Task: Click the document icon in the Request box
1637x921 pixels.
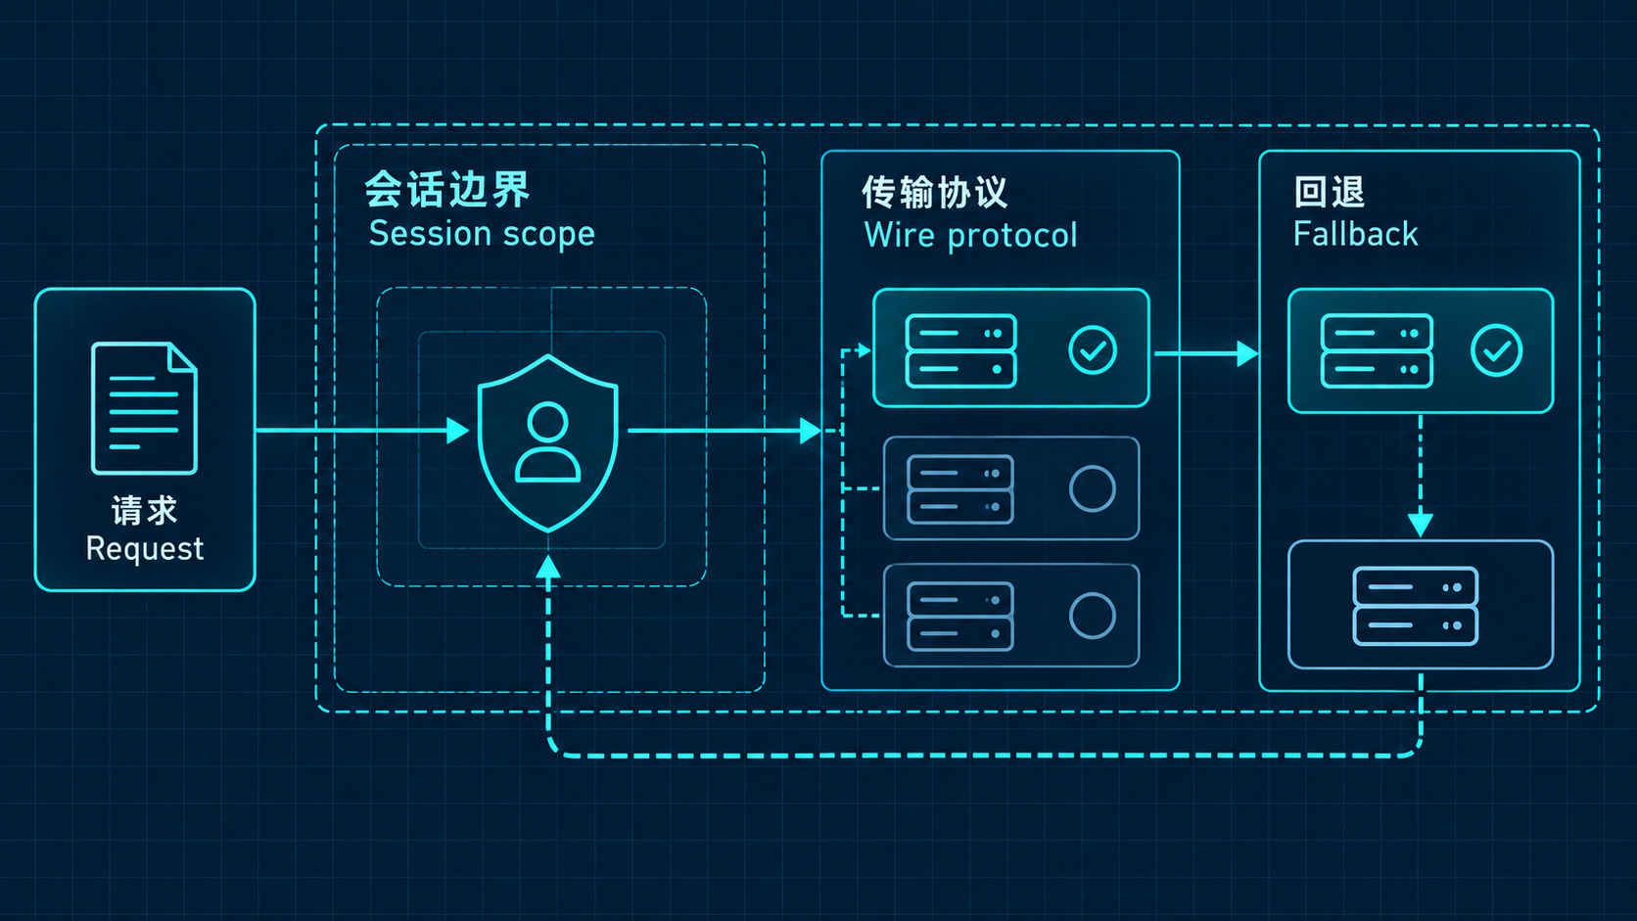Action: pyautogui.click(x=144, y=408)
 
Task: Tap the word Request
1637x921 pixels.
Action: pyautogui.click(x=145, y=549)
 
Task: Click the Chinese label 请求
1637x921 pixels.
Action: pyautogui.click(x=144, y=510)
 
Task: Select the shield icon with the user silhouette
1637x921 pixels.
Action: pyautogui.click(x=547, y=442)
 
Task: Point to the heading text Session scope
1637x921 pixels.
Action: pyautogui.click(x=482, y=234)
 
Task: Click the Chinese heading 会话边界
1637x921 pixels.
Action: pyautogui.click(x=446, y=190)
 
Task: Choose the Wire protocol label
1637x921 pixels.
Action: pyautogui.click(x=970, y=235)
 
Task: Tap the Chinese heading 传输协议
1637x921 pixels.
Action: pyautogui.click(x=935, y=193)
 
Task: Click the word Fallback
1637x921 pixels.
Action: pyautogui.click(x=1356, y=234)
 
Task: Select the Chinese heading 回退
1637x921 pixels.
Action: pyautogui.click(x=1330, y=192)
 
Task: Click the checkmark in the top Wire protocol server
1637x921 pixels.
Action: pyautogui.click(x=1093, y=350)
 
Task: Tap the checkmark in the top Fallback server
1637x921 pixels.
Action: pyautogui.click(x=1497, y=350)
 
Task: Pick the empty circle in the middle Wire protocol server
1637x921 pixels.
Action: pyautogui.click(x=1093, y=487)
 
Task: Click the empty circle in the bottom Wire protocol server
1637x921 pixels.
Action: pyautogui.click(x=1093, y=616)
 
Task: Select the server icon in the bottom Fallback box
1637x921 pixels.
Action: pyautogui.click(x=1416, y=606)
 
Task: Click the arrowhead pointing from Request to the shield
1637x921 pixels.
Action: pyautogui.click(x=457, y=431)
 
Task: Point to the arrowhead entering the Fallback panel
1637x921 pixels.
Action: pyautogui.click(x=1247, y=353)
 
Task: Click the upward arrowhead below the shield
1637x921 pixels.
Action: pyautogui.click(x=548, y=567)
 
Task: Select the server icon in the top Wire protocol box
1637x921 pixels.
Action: pyautogui.click(x=961, y=350)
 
